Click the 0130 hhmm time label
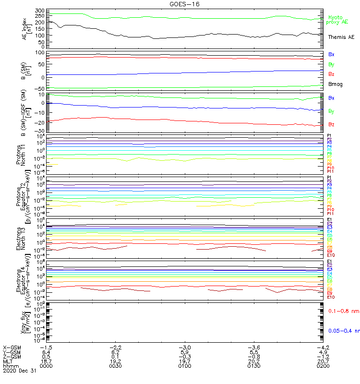tap(253, 365)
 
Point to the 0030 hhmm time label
tap(116, 365)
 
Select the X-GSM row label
tap(12, 347)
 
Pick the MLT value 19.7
tap(185, 360)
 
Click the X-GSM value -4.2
tap(322, 347)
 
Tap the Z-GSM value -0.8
tap(253, 356)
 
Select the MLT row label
tap(8, 360)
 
